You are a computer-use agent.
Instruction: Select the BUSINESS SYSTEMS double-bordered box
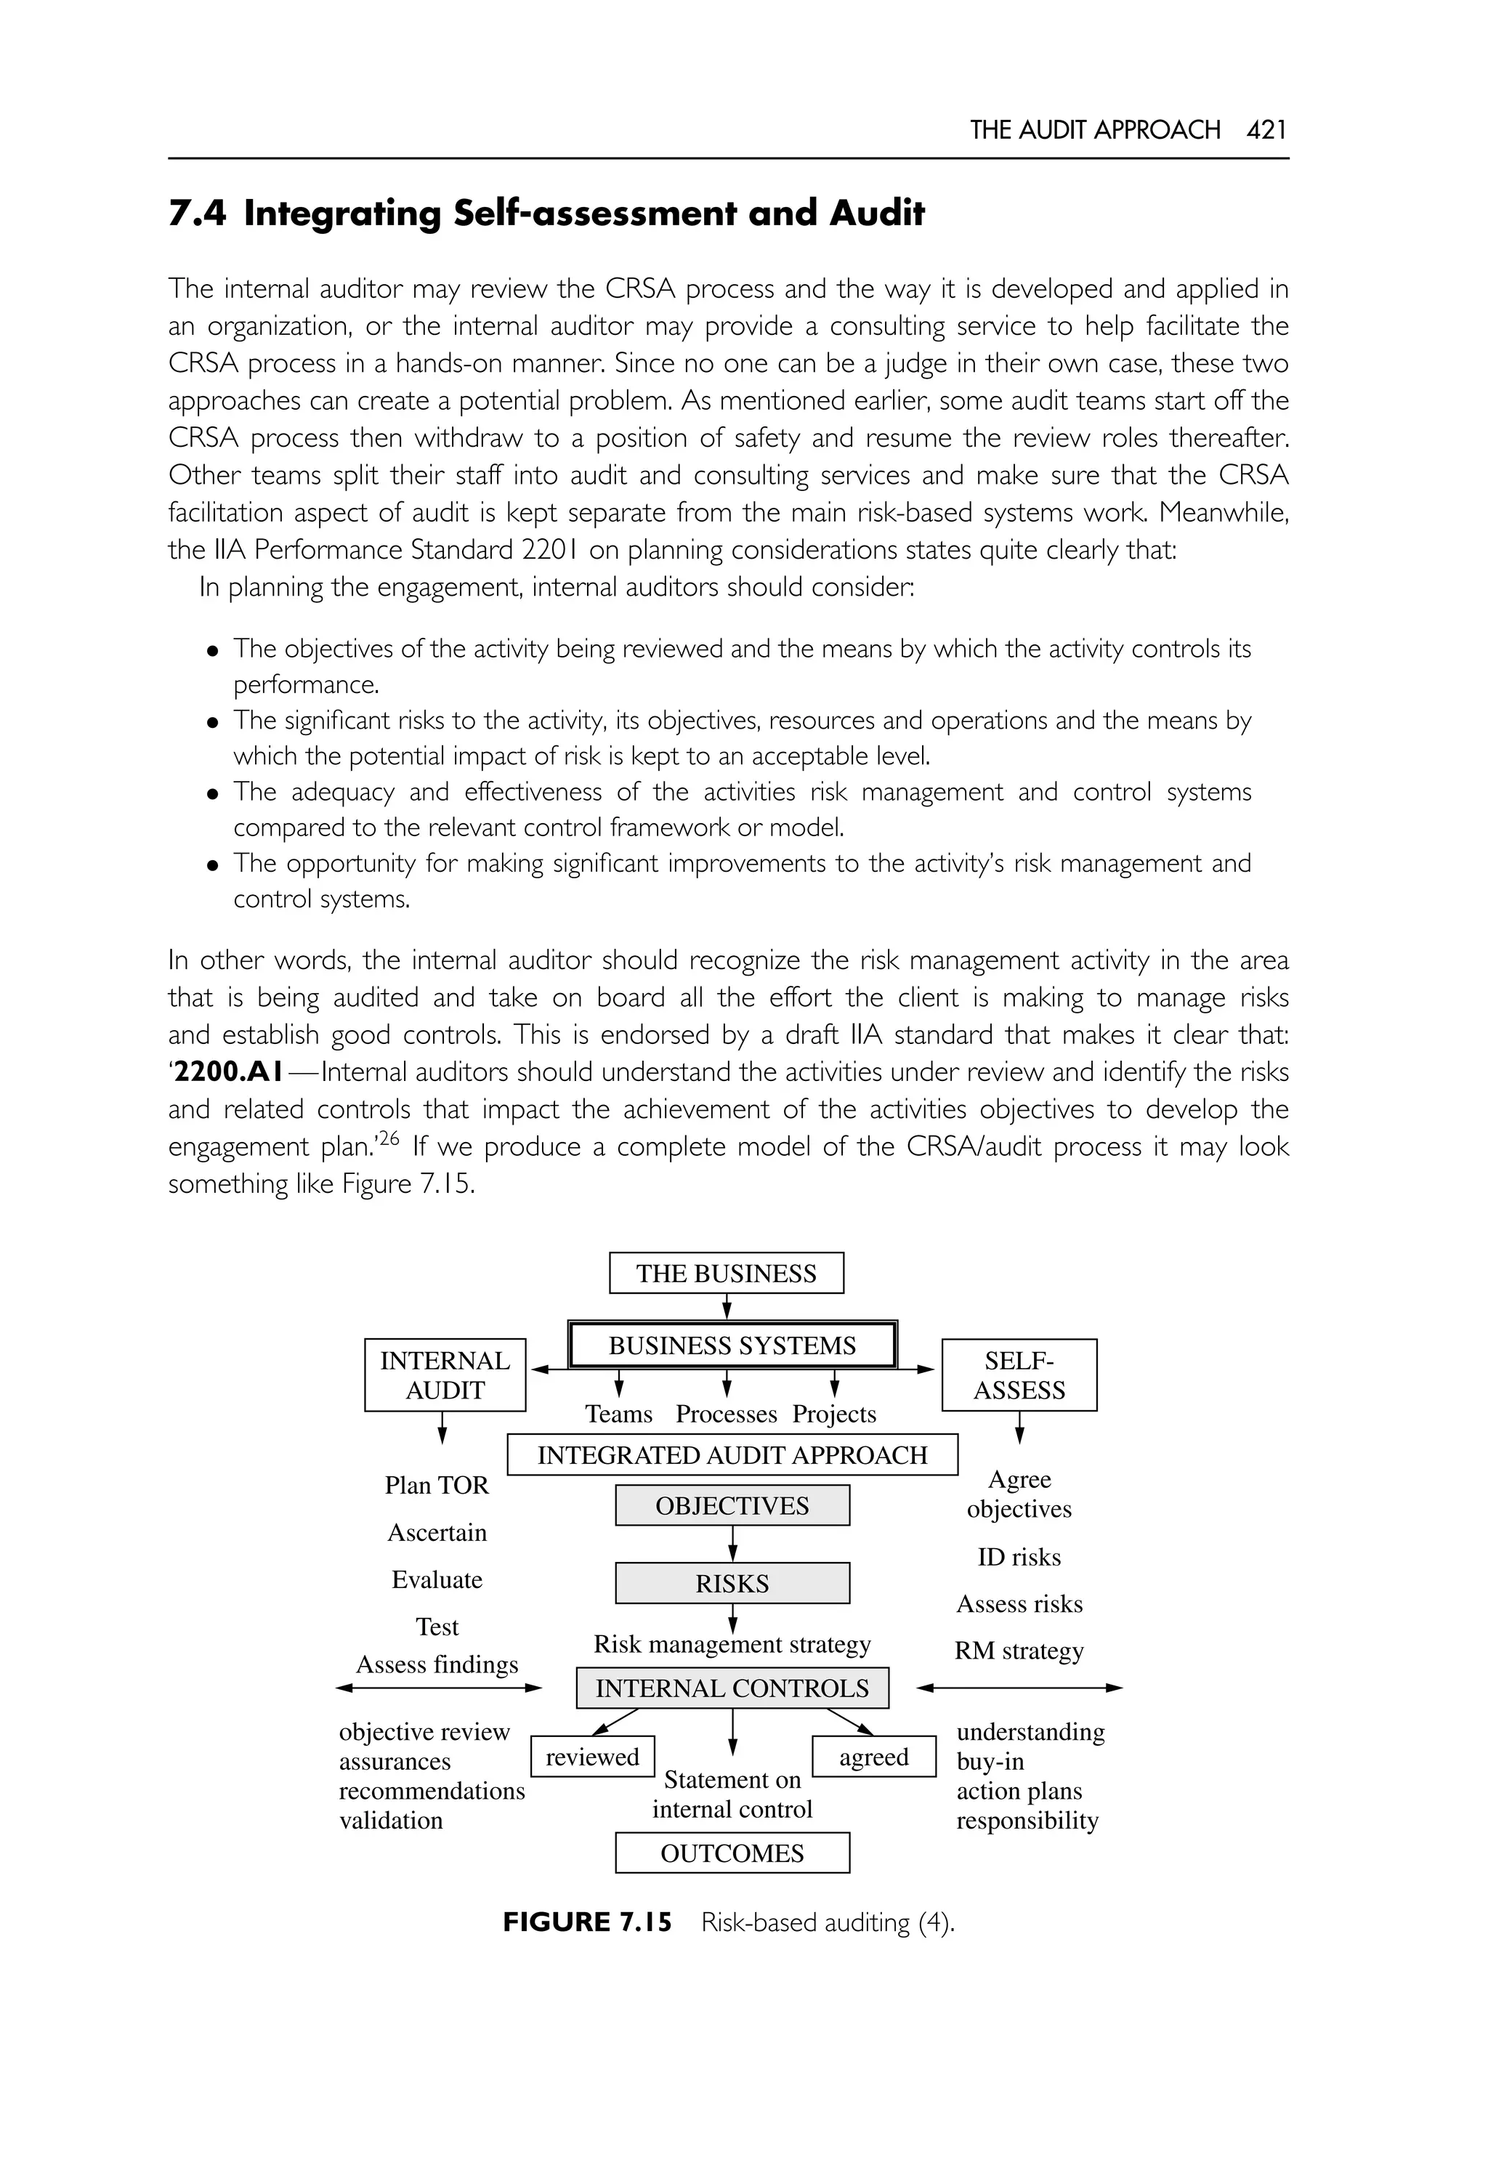pyautogui.click(x=732, y=1345)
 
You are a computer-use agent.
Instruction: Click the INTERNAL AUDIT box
pyautogui.click(x=445, y=1374)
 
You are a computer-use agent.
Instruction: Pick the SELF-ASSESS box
pyautogui.click(x=1019, y=1374)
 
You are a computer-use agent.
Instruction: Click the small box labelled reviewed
pyautogui.click(x=592, y=1757)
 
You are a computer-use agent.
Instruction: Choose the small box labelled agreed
pyautogui.click(x=873, y=1757)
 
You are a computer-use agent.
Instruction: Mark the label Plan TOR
pyautogui.click(x=437, y=1484)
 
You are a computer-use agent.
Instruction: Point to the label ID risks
pyautogui.click(x=1019, y=1556)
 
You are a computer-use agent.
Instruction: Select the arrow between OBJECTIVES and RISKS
pyautogui.click(x=733, y=1544)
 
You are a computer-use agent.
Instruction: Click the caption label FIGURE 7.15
pyautogui.click(x=586, y=1922)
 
